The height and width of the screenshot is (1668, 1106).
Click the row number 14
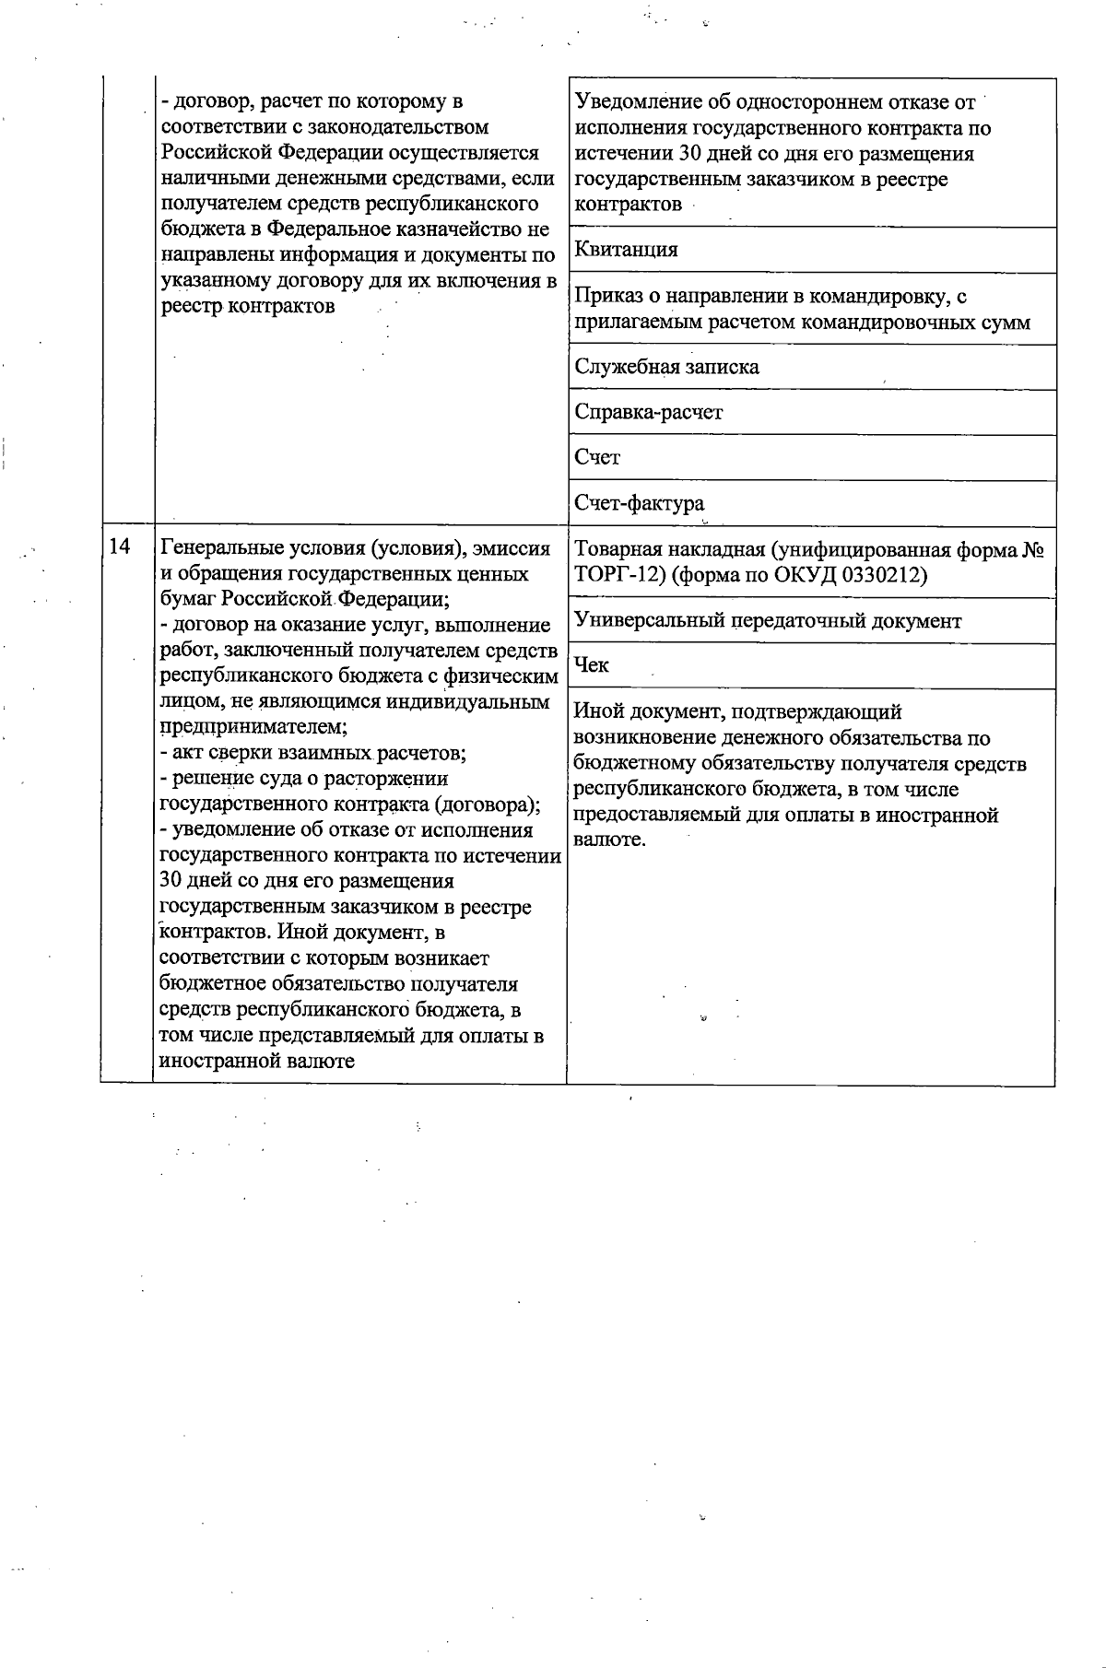120,546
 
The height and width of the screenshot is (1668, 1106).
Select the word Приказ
605,297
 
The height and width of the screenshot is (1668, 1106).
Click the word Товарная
614,550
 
